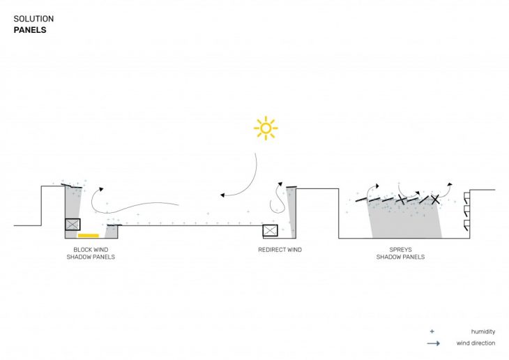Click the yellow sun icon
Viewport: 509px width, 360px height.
tap(266, 128)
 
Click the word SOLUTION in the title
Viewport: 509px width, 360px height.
tap(33, 19)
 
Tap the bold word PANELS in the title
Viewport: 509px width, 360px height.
tap(30, 30)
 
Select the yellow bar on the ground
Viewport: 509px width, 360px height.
tap(89, 235)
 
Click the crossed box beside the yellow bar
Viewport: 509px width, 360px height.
tap(73, 224)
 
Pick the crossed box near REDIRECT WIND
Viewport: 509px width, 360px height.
tap(270, 231)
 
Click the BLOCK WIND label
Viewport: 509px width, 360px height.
tap(91, 250)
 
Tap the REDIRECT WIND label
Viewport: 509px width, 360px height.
tap(280, 250)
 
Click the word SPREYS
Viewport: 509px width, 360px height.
tap(401, 250)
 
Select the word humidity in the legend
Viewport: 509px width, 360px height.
tap(483, 331)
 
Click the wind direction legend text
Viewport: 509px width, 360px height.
tap(476, 343)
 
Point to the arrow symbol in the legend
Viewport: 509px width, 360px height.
tap(434, 343)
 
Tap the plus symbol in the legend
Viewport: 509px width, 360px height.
tap(432, 331)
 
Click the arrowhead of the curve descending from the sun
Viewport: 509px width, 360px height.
tap(222, 195)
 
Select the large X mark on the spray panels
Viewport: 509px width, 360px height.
tap(435, 199)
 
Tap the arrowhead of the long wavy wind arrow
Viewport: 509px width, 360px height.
tap(101, 189)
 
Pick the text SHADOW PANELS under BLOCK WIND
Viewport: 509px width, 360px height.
tap(91, 257)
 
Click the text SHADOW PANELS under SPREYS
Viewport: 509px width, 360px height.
tap(401, 257)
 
